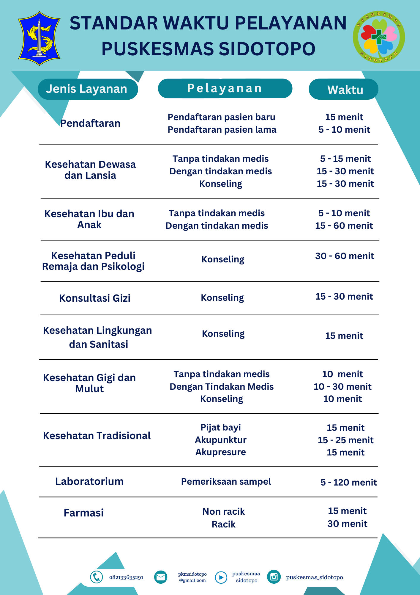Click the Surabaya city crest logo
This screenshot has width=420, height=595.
(39, 38)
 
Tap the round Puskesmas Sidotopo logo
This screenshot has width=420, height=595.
(379, 37)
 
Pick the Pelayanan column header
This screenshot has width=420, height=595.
(225, 88)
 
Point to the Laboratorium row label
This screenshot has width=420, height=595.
(89, 481)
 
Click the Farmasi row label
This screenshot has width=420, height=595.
(84, 513)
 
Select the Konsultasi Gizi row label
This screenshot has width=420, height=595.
(95, 298)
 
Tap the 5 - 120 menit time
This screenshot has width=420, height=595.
(348, 482)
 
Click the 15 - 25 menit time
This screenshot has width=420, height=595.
(345, 440)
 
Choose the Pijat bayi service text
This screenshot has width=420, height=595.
(221, 428)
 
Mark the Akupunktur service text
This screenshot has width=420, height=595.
(221, 440)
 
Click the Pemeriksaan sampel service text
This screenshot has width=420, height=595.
(226, 482)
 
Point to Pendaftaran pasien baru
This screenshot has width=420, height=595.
(222, 117)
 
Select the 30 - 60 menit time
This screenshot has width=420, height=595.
(345, 256)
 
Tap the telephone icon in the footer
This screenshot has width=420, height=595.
(97, 577)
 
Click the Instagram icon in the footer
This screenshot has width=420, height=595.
(274, 577)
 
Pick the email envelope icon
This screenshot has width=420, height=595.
(161, 577)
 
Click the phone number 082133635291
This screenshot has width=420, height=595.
(126, 577)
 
